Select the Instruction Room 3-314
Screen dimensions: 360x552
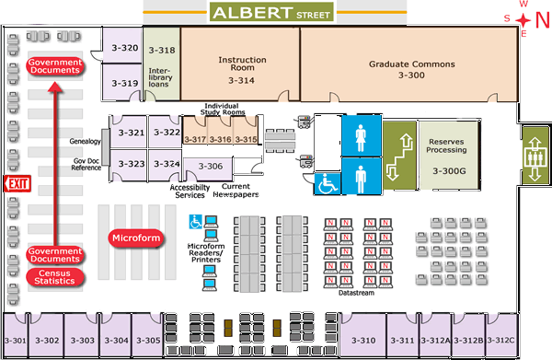click(241, 69)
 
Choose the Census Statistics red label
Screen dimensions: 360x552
click(54, 276)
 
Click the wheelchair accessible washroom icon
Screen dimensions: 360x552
click(326, 182)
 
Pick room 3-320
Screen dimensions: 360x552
click(124, 49)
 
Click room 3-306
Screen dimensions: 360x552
click(211, 167)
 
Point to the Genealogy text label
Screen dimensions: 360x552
click(84, 142)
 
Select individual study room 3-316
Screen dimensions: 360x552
click(220, 139)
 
